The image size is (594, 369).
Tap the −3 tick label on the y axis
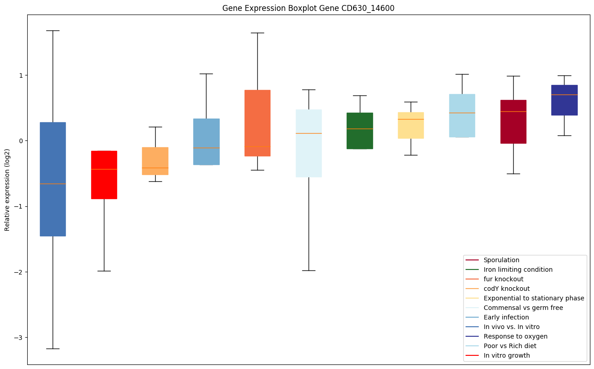[x=20, y=338]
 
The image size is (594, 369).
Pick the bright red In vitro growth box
[x=104, y=175]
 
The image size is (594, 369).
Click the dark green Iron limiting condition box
[x=360, y=131]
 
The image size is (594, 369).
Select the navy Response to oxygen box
[x=565, y=100]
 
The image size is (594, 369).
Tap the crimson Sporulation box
[x=513, y=122]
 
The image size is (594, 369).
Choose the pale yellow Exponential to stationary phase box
[x=411, y=125]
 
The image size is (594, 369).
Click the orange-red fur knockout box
[x=257, y=123]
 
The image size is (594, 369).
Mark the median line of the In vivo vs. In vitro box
[x=53, y=184]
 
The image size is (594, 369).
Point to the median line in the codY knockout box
[x=155, y=168]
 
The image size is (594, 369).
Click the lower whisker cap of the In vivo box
[x=53, y=349]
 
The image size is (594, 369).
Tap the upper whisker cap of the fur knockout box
[x=257, y=33]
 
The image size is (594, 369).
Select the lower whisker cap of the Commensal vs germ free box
[x=309, y=270]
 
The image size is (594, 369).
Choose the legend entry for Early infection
[x=506, y=317]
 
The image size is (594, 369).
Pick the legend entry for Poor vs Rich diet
[x=510, y=346]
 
